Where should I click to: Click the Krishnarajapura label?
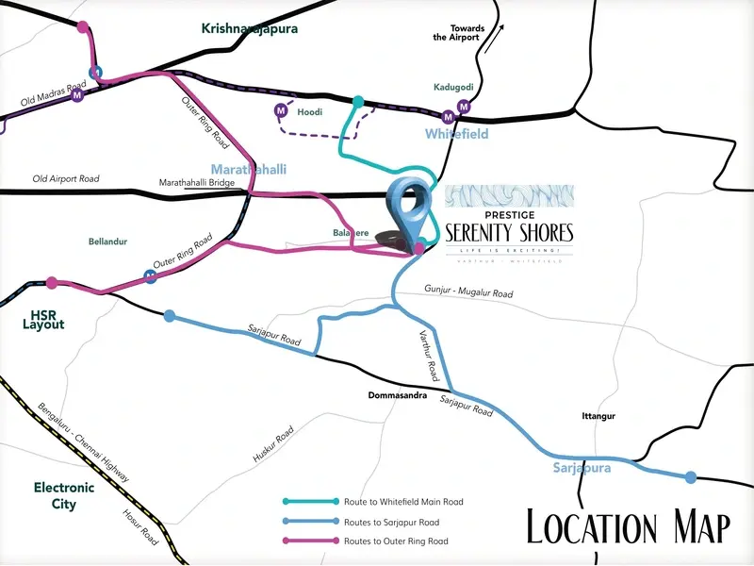(250, 28)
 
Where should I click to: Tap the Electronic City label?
(64, 496)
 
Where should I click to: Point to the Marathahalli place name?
(254, 170)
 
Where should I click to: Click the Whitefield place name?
(456, 135)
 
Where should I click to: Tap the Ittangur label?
(598, 416)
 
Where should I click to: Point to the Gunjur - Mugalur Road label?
(468, 293)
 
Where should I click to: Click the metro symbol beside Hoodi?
(280, 111)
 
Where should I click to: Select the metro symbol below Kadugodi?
(463, 106)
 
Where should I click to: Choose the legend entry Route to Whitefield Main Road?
(377, 502)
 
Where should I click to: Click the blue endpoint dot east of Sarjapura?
(691, 477)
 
